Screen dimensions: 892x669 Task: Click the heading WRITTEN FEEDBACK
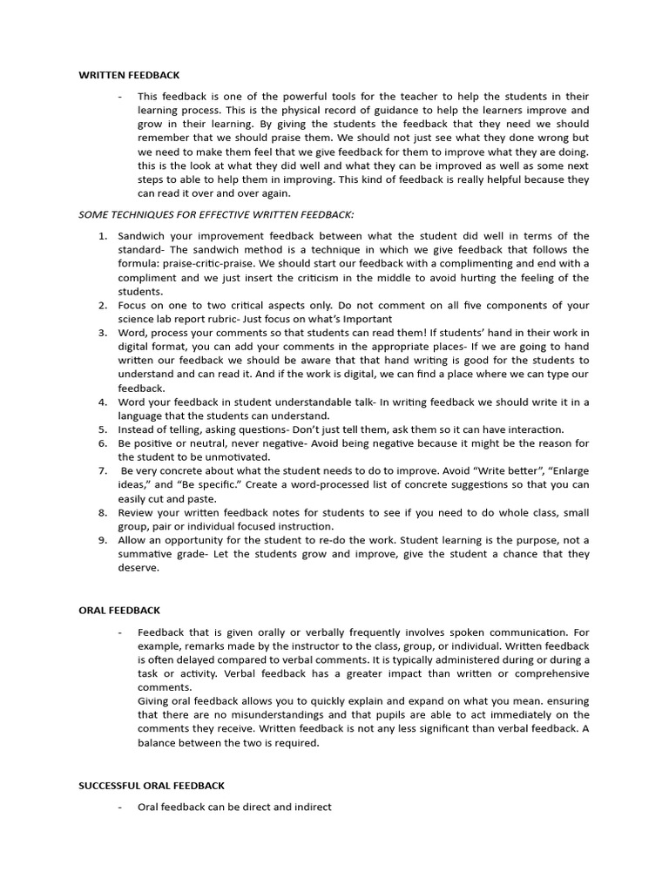coord(129,76)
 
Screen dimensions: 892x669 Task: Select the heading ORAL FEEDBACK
coord(119,611)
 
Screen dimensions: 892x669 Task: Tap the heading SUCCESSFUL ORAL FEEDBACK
coord(152,786)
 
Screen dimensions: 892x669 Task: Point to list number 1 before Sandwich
coord(101,236)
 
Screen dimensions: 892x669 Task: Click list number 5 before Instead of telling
coord(101,429)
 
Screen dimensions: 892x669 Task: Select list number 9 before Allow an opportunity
coord(101,540)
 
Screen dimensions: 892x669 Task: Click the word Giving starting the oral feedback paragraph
coord(154,701)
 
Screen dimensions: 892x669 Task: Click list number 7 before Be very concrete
coord(101,471)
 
